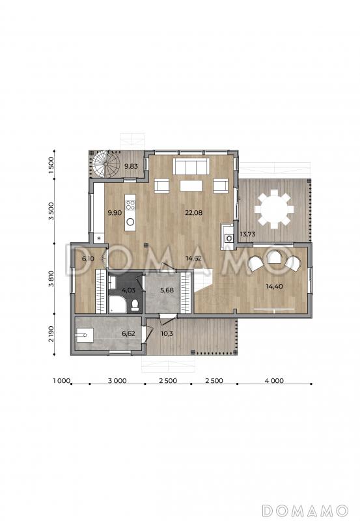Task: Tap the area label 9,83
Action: (x=131, y=166)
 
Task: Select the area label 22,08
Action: (x=193, y=213)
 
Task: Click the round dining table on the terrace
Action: (x=274, y=209)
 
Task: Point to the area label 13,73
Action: (x=248, y=234)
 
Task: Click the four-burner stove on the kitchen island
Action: (x=130, y=205)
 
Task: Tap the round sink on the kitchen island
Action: (x=130, y=222)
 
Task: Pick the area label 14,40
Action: (x=274, y=286)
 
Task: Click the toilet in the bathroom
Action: (x=135, y=305)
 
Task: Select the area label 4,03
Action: (x=128, y=290)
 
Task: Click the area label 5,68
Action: (x=167, y=290)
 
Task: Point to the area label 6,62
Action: (x=128, y=333)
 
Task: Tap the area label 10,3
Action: (x=167, y=333)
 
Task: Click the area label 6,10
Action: (x=88, y=259)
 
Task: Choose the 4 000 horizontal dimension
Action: (x=274, y=381)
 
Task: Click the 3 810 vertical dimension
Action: (x=51, y=279)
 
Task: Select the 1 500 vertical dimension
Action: (x=51, y=165)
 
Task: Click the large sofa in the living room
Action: (x=191, y=166)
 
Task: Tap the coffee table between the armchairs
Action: (x=191, y=186)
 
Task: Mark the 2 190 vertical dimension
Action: (x=51, y=334)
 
